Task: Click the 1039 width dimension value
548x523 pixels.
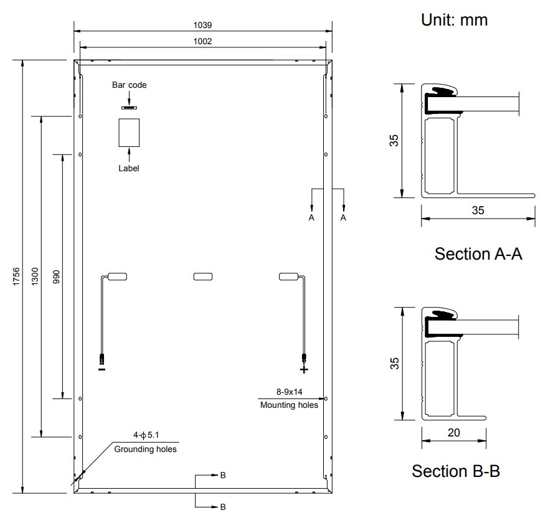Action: (x=202, y=25)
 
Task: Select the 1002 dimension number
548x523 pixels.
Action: (x=202, y=41)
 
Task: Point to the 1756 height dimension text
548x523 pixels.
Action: (x=16, y=276)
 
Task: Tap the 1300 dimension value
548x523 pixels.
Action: (x=35, y=276)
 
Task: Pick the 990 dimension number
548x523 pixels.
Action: (x=56, y=276)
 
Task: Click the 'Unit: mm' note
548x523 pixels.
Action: (x=454, y=19)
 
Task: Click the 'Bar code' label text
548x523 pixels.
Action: (x=129, y=85)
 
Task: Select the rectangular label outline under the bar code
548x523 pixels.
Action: (x=129, y=133)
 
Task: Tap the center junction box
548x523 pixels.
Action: (x=203, y=276)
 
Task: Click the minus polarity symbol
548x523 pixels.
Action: (x=102, y=369)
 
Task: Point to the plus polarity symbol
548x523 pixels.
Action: (x=304, y=369)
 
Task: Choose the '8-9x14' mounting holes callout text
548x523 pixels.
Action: (x=290, y=392)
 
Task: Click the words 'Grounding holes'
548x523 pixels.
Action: (x=145, y=449)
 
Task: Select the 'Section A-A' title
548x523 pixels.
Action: (x=478, y=253)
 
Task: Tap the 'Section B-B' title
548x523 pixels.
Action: (x=456, y=471)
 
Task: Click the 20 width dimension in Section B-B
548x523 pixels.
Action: (x=453, y=433)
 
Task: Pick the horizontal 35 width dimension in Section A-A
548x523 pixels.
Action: (x=478, y=210)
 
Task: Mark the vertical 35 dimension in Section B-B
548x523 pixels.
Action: (x=394, y=364)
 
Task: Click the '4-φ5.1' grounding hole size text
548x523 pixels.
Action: (x=146, y=435)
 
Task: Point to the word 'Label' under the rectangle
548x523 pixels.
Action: (x=129, y=168)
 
